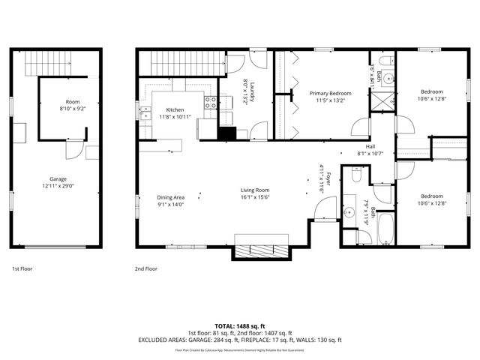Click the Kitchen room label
tap(175, 109)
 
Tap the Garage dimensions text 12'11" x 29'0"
tap(58, 186)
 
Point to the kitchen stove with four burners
tap(211, 103)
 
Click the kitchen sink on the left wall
tap(144, 114)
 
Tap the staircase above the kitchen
tap(181, 64)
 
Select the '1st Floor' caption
tap(22, 268)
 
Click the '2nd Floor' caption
tap(145, 268)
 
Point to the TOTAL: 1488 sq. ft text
tap(239, 325)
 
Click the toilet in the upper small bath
tap(382, 60)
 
